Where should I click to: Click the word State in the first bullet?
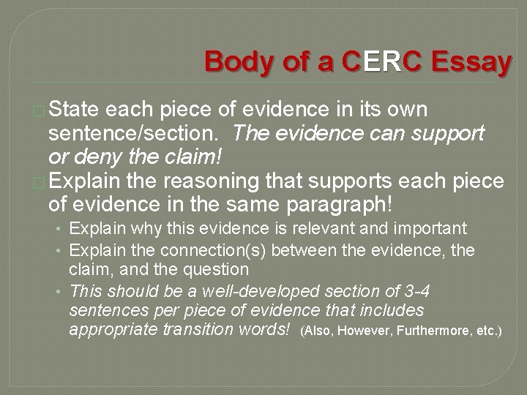[76, 110]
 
